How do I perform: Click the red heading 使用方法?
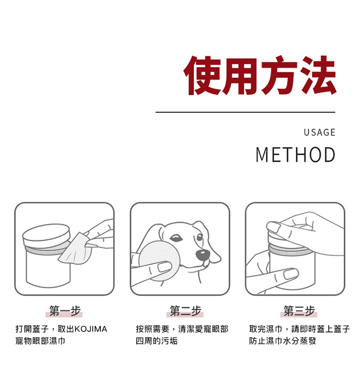[260, 75]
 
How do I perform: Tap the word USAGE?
[320, 132]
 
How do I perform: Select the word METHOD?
[295, 155]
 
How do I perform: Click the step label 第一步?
[64, 311]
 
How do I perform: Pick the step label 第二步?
[185, 311]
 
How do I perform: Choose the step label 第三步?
[299, 311]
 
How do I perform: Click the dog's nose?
[202, 255]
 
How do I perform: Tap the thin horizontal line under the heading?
[245, 112]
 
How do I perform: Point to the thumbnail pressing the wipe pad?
[165, 267]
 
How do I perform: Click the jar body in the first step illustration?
[48, 269]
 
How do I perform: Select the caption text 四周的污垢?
[157, 341]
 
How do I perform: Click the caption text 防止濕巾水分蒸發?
[283, 341]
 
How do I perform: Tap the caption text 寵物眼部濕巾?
[40, 341]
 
